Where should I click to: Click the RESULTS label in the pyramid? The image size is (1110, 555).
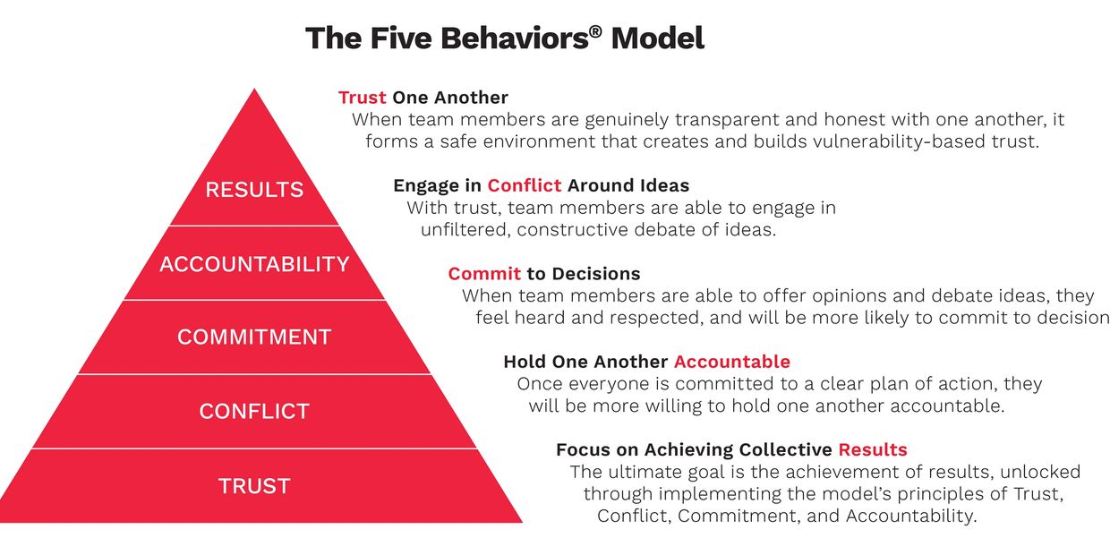point(254,190)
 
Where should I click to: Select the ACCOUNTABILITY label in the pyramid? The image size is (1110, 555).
point(254,264)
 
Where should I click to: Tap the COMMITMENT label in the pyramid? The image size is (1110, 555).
point(254,337)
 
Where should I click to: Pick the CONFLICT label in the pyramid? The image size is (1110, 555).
point(254,411)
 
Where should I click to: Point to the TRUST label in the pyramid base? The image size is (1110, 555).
point(254,486)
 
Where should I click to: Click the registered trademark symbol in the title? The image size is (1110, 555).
point(595,31)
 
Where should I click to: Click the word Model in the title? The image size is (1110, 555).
point(658,38)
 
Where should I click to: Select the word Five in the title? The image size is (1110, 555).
point(401,38)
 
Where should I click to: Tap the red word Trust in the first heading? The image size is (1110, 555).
point(363,98)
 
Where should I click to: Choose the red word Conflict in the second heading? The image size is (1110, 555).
point(525,185)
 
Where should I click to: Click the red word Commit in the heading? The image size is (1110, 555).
point(484,274)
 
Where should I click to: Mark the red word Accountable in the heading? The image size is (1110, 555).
point(732,362)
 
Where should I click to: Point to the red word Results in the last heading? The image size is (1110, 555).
point(873,449)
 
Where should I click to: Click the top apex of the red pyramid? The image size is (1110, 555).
point(254,90)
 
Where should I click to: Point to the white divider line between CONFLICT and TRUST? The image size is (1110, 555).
point(254,448)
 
